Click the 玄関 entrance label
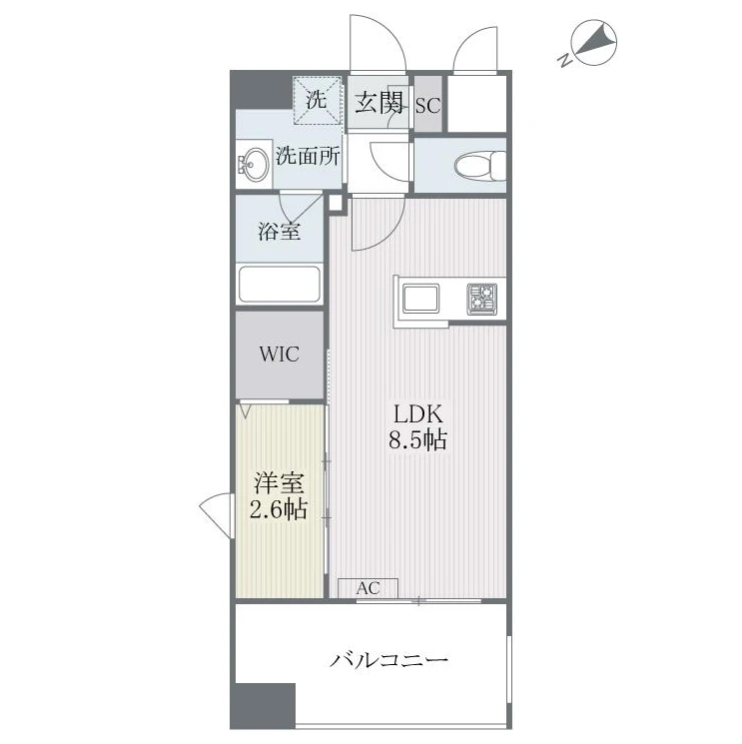(x=379, y=103)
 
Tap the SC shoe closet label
(x=428, y=105)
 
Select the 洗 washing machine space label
(x=316, y=99)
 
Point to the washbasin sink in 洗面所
(x=254, y=164)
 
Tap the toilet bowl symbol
(x=480, y=166)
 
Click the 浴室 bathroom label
(x=279, y=231)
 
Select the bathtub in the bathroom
(x=280, y=285)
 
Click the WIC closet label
(x=279, y=354)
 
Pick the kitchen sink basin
(x=420, y=298)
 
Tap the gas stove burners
(x=482, y=299)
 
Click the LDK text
(x=418, y=413)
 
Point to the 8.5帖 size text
(x=418, y=439)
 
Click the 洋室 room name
(x=279, y=483)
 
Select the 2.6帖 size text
(x=279, y=509)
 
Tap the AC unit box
(x=368, y=589)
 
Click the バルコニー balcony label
(x=389, y=660)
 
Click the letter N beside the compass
(x=564, y=60)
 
